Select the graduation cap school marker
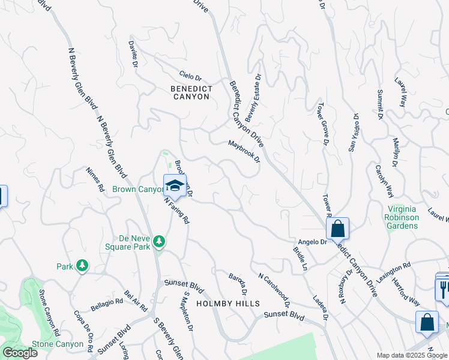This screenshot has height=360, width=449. coord(175,185)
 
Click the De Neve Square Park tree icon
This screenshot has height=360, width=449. coord(159,241)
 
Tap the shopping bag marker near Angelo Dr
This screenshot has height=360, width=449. coord(337,229)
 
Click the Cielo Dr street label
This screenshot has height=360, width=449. coord(190,77)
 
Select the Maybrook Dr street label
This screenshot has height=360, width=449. coord(244,152)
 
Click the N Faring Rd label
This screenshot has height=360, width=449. coord(177,211)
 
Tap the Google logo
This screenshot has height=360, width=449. coord(20,353)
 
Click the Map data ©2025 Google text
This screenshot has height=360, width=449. coord(412,355)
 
